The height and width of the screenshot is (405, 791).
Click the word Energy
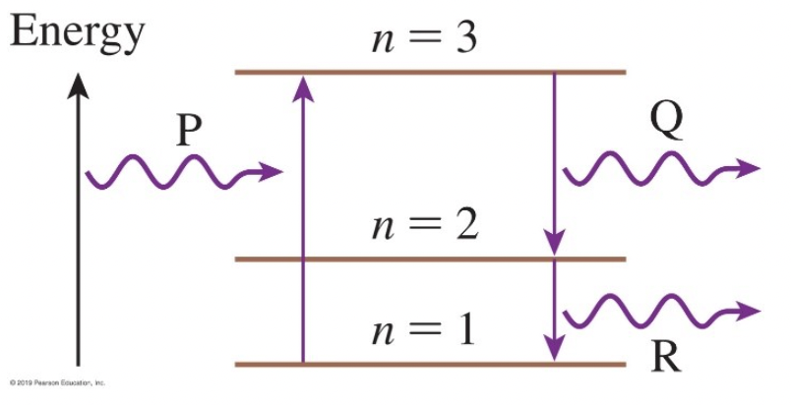pos(77,33)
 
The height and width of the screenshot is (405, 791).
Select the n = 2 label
pos(424,227)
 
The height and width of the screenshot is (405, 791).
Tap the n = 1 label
pos(424,329)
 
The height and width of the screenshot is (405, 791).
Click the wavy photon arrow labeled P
pos(177,175)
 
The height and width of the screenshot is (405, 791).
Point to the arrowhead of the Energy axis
pos(80,85)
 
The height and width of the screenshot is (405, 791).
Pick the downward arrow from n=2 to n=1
pos(555,310)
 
